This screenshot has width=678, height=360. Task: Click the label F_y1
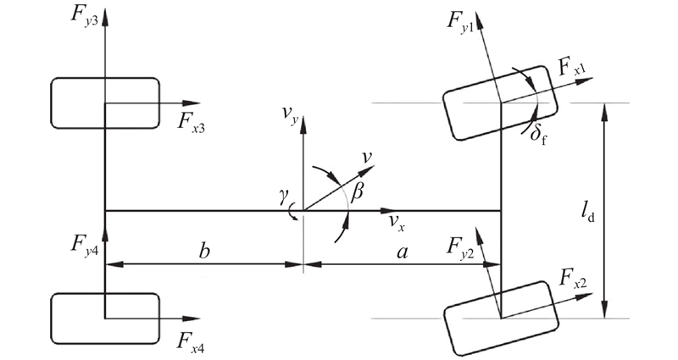463,20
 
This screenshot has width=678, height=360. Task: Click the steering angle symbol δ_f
533,134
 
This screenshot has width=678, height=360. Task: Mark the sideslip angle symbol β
358,192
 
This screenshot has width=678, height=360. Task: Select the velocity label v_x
396,222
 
